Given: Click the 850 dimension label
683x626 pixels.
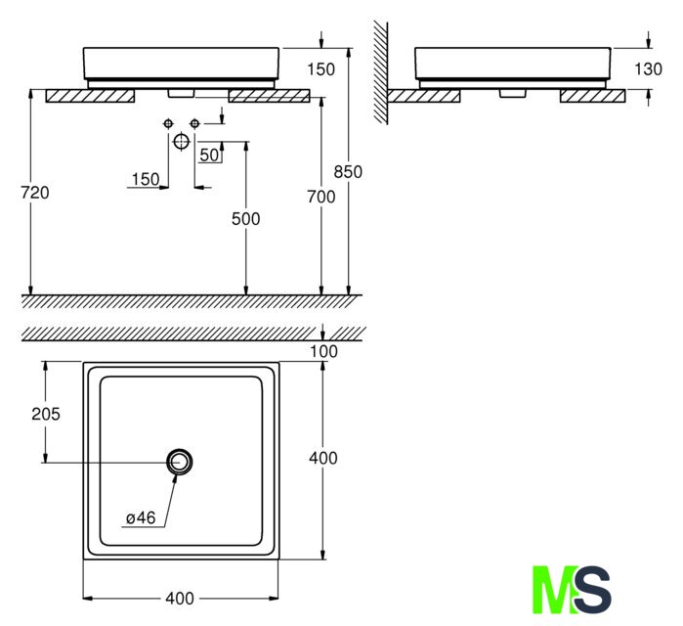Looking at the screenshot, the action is click(x=348, y=172).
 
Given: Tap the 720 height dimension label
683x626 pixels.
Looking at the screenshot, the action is click(x=35, y=193).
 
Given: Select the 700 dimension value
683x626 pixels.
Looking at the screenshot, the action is click(x=321, y=197).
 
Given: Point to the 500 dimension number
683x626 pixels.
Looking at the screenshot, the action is click(x=245, y=219).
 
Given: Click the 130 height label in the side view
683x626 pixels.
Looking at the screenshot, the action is click(x=648, y=68).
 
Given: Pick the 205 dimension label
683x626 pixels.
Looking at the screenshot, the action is click(x=46, y=414).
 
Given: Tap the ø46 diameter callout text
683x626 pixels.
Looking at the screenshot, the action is click(x=141, y=517).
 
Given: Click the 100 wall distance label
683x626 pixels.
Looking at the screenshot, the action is click(x=323, y=351).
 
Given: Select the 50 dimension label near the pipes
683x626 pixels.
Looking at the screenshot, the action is click(x=209, y=155).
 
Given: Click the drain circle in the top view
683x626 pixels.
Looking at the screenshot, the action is click(x=179, y=462).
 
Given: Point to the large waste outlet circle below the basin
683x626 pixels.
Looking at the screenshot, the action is click(x=181, y=141).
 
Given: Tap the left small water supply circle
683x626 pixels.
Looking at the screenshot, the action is click(x=168, y=124).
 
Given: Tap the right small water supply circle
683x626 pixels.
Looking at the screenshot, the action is click(x=194, y=124).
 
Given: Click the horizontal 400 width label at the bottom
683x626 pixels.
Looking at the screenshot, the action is click(x=180, y=598).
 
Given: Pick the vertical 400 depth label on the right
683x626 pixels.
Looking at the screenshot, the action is click(x=322, y=458).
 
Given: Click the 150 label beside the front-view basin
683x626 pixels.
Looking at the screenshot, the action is click(x=321, y=69).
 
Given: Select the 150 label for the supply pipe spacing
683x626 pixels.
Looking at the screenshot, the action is click(x=146, y=179).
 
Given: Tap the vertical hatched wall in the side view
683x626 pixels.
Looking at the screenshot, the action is click(x=380, y=72).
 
